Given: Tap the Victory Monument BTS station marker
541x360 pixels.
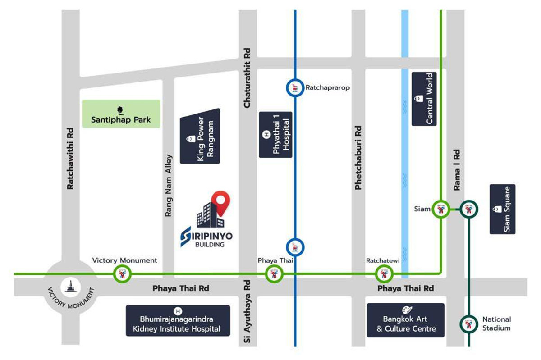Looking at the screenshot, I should (122, 273).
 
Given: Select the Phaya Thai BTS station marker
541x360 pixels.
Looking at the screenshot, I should (274, 273).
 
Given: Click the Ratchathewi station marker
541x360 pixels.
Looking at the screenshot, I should (384, 273).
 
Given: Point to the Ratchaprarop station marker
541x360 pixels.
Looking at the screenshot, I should (295, 88).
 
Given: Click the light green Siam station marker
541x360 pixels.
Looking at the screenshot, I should (440, 209).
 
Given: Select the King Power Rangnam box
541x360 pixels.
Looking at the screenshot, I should (201, 136).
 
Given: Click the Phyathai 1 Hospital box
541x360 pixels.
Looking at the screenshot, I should (275, 135).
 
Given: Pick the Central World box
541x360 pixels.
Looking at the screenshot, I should (424, 99).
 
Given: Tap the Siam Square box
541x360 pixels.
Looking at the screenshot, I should (502, 209).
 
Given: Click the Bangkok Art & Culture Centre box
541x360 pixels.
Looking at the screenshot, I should (406, 320).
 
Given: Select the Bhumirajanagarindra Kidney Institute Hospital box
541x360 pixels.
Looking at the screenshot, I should (178, 320).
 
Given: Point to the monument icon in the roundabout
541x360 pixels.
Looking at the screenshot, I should (70, 285).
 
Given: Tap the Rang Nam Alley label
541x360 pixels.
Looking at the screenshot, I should (169, 186).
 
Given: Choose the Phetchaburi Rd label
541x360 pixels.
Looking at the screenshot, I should (358, 157).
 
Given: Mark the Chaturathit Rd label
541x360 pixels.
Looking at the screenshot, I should (247, 78).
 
